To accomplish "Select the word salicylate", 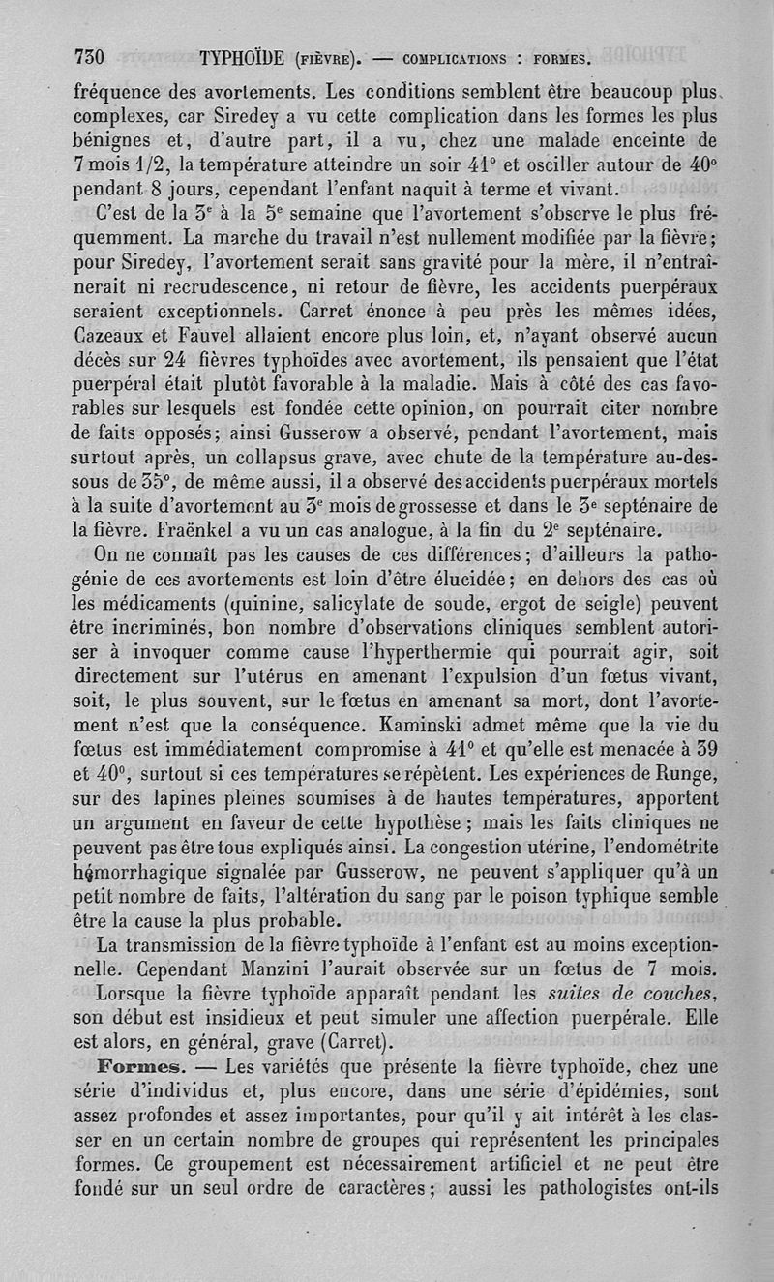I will point(380,603).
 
